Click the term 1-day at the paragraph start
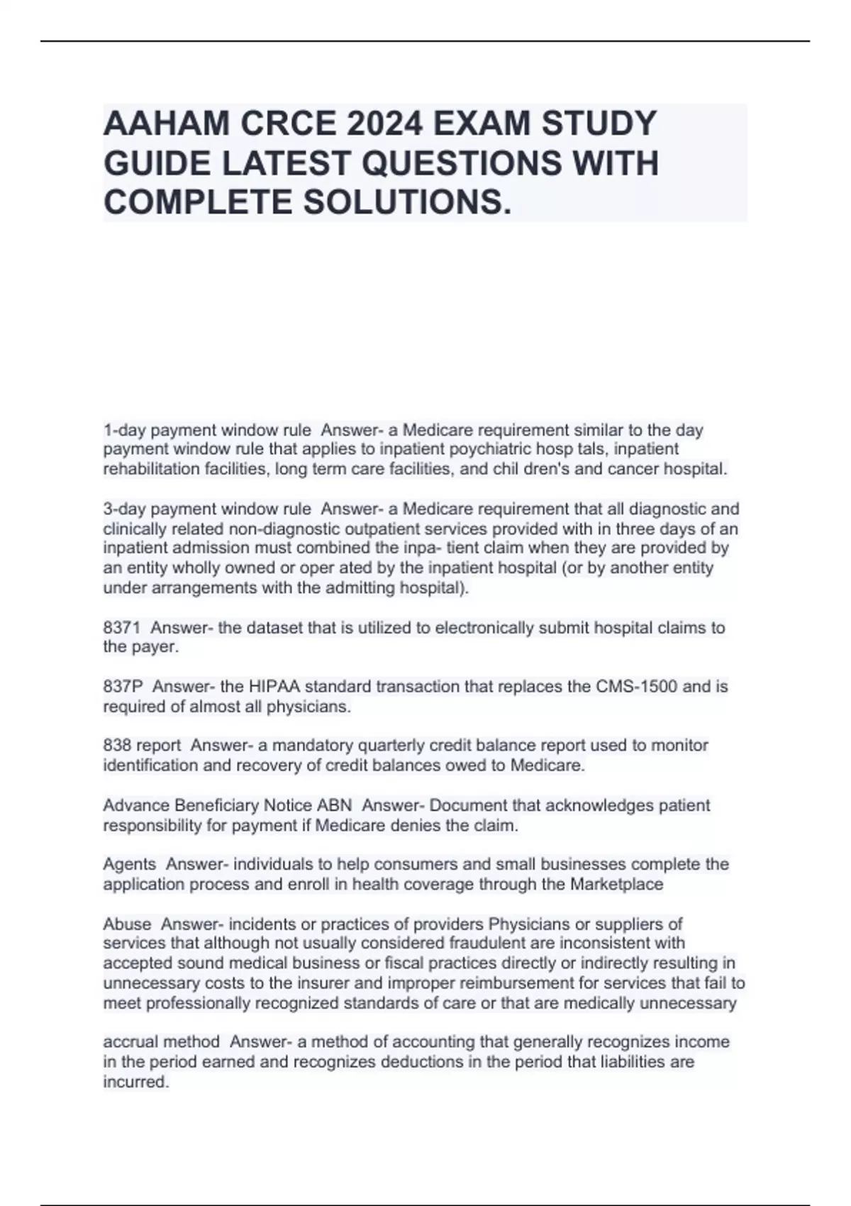click(x=124, y=430)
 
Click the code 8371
click(x=122, y=628)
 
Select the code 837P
click(x=123, y=687)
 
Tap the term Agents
click(x=129, y=864)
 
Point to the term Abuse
click(x=127, y=924)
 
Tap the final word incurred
click(x=135, y=1082)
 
